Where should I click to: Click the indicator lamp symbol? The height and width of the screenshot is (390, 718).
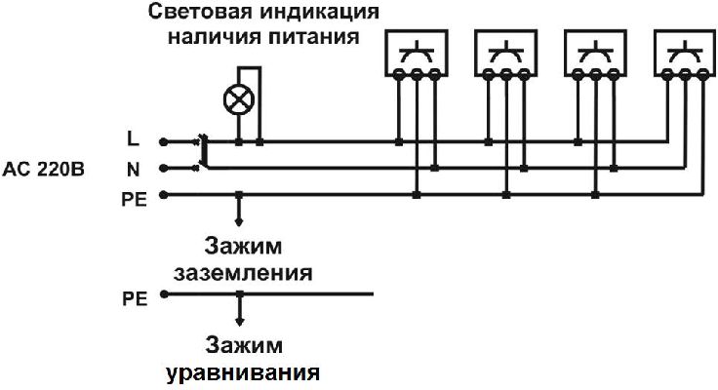(239, 99)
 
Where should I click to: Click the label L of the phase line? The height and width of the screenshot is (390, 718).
(134, 138)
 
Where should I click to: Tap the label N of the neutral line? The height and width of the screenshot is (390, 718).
(134, 170)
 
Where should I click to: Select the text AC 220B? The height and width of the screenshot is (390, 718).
(44, 170)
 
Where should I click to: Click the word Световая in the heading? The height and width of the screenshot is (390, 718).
(201, 12)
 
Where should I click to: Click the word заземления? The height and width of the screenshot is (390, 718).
(243, 273)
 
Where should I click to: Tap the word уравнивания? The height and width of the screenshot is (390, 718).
(243, 373)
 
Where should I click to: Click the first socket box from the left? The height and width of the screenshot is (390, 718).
(417, 53)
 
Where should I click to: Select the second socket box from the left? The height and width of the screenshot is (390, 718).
(506, 53)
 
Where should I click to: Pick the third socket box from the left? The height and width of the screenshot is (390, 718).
(595, 53)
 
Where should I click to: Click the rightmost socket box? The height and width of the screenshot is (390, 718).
(685, 53)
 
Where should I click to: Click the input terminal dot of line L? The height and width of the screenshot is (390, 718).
(163, 142)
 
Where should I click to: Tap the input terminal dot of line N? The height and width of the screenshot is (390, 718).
(163, 169)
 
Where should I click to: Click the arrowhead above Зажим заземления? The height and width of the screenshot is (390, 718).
(239, 221)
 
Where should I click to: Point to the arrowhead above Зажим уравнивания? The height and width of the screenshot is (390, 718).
(239, 322)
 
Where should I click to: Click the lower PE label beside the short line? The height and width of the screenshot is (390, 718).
(135, 299)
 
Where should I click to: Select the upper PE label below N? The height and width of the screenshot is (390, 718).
(135, 200)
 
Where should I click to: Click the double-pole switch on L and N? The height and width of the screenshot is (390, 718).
(202, 152)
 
